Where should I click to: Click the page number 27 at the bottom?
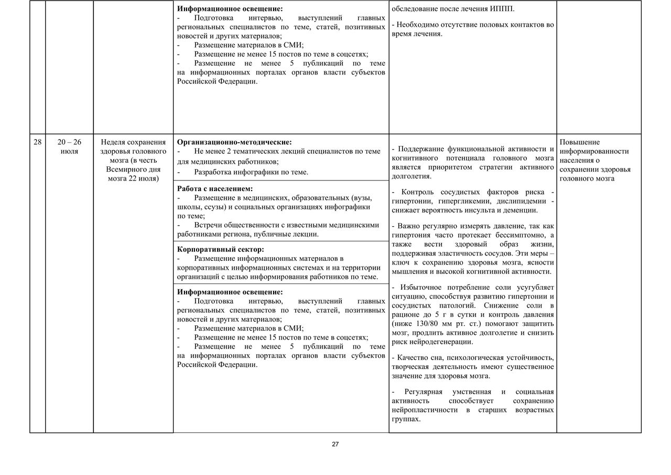coord(335,444)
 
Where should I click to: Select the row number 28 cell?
coord(37,142)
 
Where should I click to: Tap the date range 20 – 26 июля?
coord(69,146)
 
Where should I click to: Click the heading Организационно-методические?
coord(234,142)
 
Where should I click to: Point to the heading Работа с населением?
coord(215,188)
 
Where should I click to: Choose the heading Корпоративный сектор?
coord(220,249)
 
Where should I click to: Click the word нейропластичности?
coord(425,410)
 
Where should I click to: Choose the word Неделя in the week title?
coord(114,142)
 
